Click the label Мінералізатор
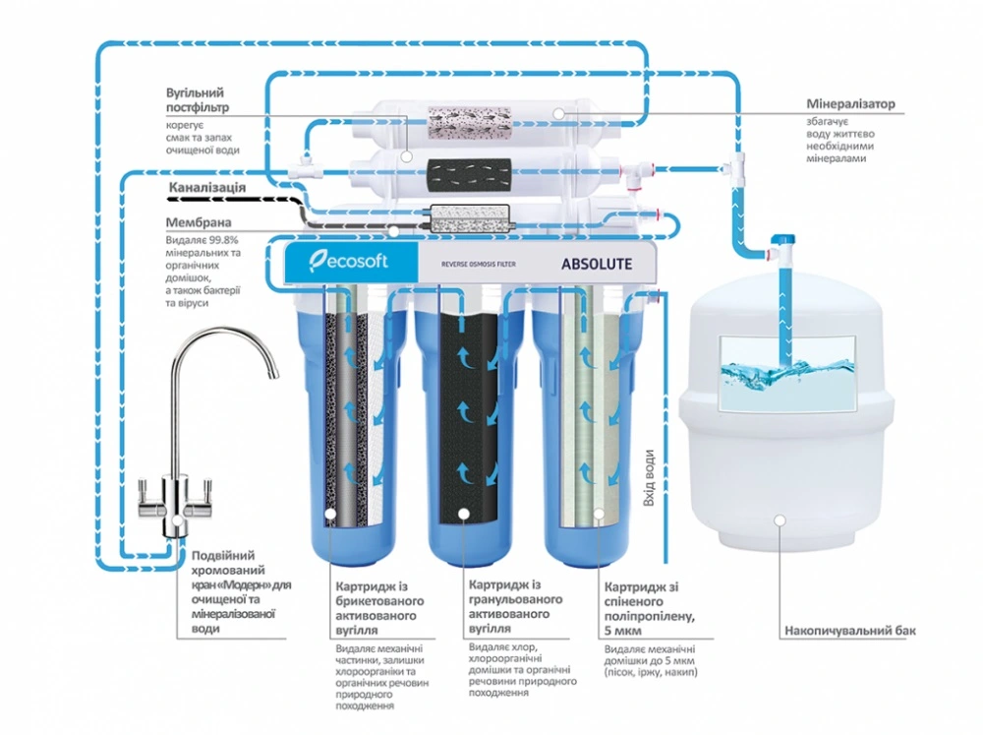[850, 104]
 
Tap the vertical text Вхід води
[649, 479]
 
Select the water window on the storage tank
[787, 372]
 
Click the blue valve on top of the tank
[781, 241]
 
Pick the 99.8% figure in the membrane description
[219, 239]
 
